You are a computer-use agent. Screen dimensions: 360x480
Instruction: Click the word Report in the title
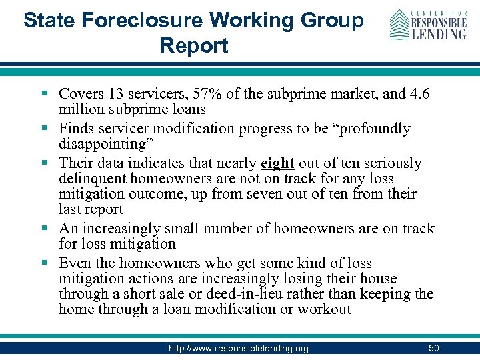[194, 45]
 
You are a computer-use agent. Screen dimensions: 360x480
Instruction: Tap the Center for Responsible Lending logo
[428, 25]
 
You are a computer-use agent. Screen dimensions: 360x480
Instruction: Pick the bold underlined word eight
[277, 163]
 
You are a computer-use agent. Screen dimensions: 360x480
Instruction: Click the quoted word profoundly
[365, 128]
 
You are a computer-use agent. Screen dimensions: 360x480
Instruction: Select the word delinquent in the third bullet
[93, 179]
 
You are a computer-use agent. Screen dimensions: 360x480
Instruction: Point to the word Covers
[81, 93]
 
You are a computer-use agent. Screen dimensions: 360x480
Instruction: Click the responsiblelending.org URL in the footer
[238, 348]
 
